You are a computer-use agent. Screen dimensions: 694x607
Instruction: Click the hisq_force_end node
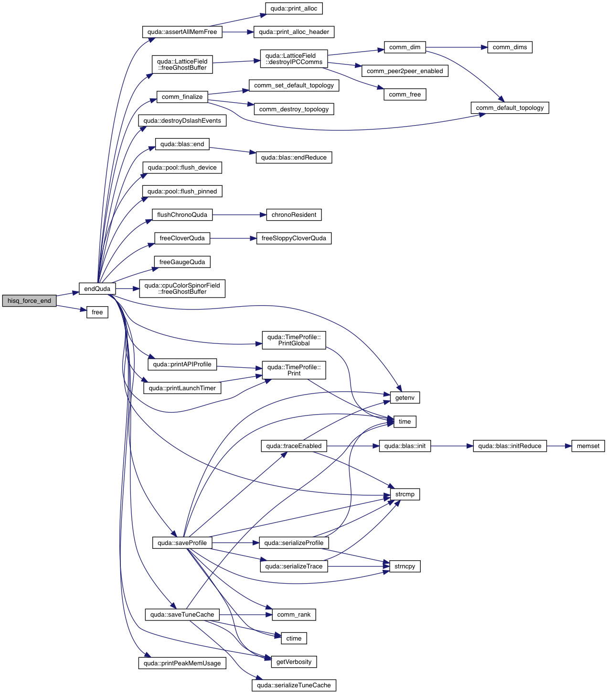(29, 301)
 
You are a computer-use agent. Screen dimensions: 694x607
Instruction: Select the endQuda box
(97, 289)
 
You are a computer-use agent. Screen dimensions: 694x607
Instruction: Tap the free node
(97, 312)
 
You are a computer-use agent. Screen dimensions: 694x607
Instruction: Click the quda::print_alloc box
(294, 9)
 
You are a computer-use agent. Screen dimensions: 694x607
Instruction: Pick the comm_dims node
(510, 47)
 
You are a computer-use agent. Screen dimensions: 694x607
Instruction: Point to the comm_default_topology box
(510, 108)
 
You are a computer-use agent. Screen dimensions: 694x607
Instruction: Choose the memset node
(588, 446)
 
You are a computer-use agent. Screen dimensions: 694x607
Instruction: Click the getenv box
(405, 398)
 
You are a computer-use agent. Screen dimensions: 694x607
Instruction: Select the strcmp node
(405, 494)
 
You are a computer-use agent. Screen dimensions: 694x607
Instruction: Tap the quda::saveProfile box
(182, 543)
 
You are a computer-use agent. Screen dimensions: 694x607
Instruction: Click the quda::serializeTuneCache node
(294, 685)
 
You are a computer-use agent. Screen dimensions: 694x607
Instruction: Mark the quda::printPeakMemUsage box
(182, 663)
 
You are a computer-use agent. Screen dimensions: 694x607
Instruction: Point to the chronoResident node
(294, 215)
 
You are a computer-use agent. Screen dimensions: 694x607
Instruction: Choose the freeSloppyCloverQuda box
(294, 238)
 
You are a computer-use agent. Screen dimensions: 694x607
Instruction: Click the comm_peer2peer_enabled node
(405, 71)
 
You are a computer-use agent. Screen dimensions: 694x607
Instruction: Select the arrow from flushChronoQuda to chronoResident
(239, 215)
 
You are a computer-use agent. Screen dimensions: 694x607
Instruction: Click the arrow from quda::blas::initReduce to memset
(559, 446)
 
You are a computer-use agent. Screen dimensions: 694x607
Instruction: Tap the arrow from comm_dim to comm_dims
(456, 47)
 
